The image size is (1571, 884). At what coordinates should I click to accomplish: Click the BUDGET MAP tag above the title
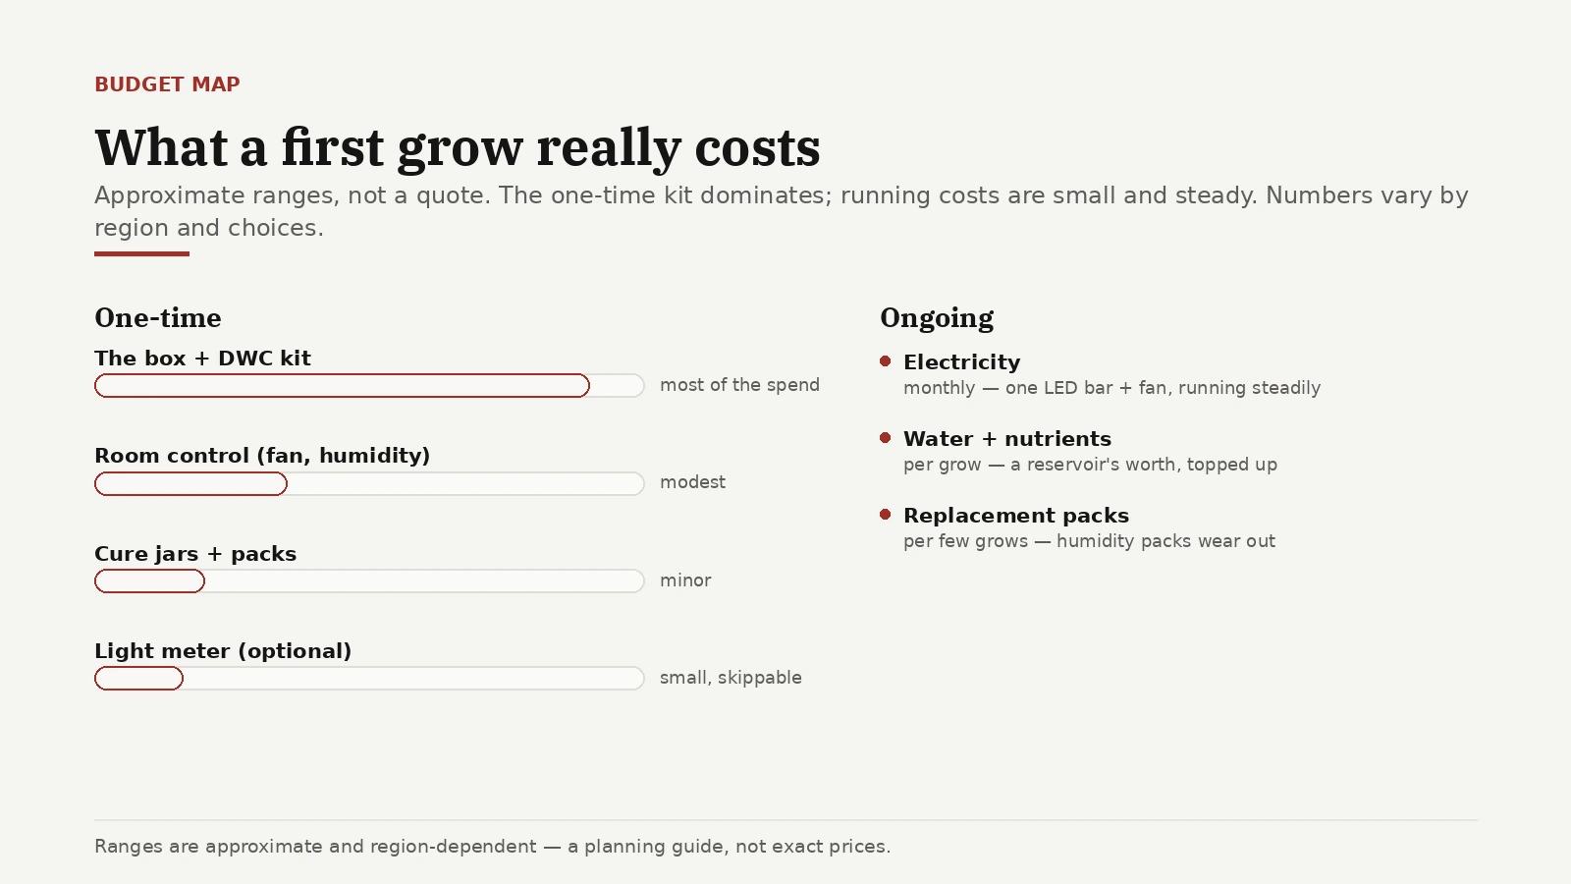pos(167,84)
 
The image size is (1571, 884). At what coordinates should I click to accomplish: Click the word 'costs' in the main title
pos(757,148)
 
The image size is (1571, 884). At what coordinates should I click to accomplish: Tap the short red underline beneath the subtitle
pos(141,254)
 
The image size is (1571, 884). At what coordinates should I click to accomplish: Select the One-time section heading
pos(158,318)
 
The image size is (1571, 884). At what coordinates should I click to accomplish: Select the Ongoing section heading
pos(937,318)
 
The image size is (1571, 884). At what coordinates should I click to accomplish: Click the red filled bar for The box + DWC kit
pos(343,386)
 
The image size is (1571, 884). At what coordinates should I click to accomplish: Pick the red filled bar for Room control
pos(190,483)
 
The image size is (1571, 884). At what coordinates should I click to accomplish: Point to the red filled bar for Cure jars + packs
pos(149,580)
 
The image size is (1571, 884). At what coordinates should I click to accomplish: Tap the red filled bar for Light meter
pos(138,679)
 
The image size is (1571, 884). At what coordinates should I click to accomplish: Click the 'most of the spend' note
pos(740,385)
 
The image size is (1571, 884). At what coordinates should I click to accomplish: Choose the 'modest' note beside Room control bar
pos(693,482)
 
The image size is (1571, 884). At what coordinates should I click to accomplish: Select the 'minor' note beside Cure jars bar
pos(686,580)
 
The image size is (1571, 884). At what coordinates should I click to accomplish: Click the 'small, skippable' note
pos(731,678)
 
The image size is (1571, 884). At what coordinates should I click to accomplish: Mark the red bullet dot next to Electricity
pos(885,361)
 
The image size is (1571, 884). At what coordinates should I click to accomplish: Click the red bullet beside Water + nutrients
pos(885,438)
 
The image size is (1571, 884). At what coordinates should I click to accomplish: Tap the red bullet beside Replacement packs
pos(885,515)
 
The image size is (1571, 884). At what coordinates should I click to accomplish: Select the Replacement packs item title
pos(1016,516)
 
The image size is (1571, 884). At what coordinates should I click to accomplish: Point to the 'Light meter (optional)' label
pos(223,651)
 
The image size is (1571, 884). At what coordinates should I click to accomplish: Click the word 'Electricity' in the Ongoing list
pos(962,362)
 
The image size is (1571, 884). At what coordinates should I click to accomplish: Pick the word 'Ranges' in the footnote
pos(129,847)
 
